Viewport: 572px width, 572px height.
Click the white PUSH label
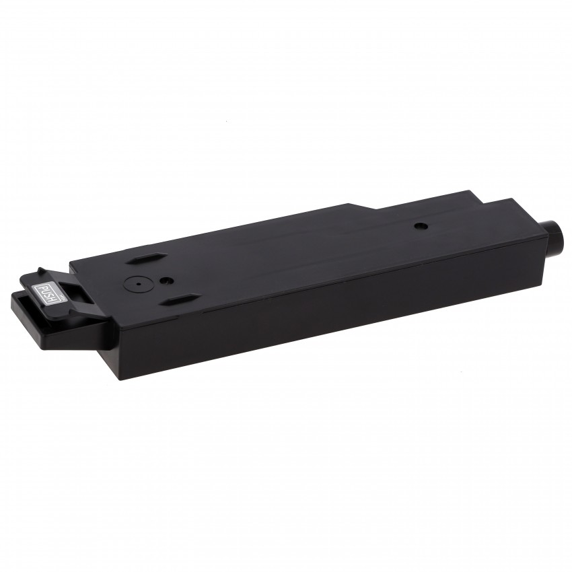click(x=50, y=294)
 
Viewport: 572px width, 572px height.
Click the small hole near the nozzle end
click(x=419, y=226)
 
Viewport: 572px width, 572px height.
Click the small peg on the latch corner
click(x=41, y=271)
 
